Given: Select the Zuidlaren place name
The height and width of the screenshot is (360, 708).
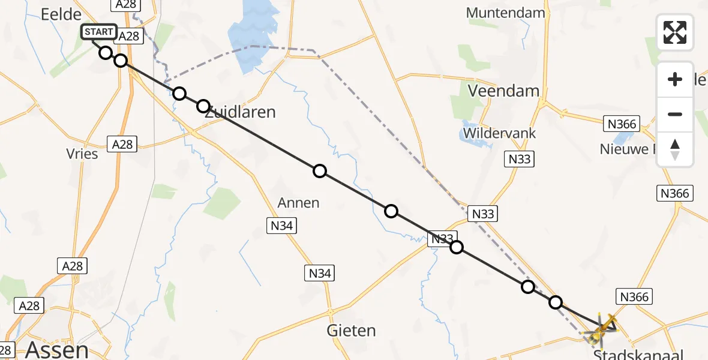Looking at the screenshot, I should (x=240, y=112).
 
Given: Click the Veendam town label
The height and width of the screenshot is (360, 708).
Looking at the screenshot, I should (x=503, y=91).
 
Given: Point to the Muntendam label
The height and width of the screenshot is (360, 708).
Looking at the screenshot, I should (x=505, y=13).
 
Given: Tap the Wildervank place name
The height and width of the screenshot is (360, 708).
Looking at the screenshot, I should (x=499, y=133).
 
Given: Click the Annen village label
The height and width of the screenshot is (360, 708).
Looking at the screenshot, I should (x=299, y=203).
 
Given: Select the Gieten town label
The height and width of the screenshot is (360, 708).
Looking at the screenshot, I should (x=351, y=330).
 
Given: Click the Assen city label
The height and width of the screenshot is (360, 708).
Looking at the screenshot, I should (x=56, y=349).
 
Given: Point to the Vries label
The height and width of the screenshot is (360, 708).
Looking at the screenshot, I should (x=83, y=154).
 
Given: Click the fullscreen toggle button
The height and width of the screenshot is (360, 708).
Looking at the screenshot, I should (x=674, y=32).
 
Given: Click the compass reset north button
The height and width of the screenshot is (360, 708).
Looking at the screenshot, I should (x=675, y=149).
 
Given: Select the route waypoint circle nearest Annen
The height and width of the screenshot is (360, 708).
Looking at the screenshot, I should (x=320, y=171).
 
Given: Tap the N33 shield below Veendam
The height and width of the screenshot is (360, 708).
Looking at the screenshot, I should (x=520, y=159).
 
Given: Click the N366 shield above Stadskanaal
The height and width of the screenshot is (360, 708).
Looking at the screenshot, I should (x=635, y=296).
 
